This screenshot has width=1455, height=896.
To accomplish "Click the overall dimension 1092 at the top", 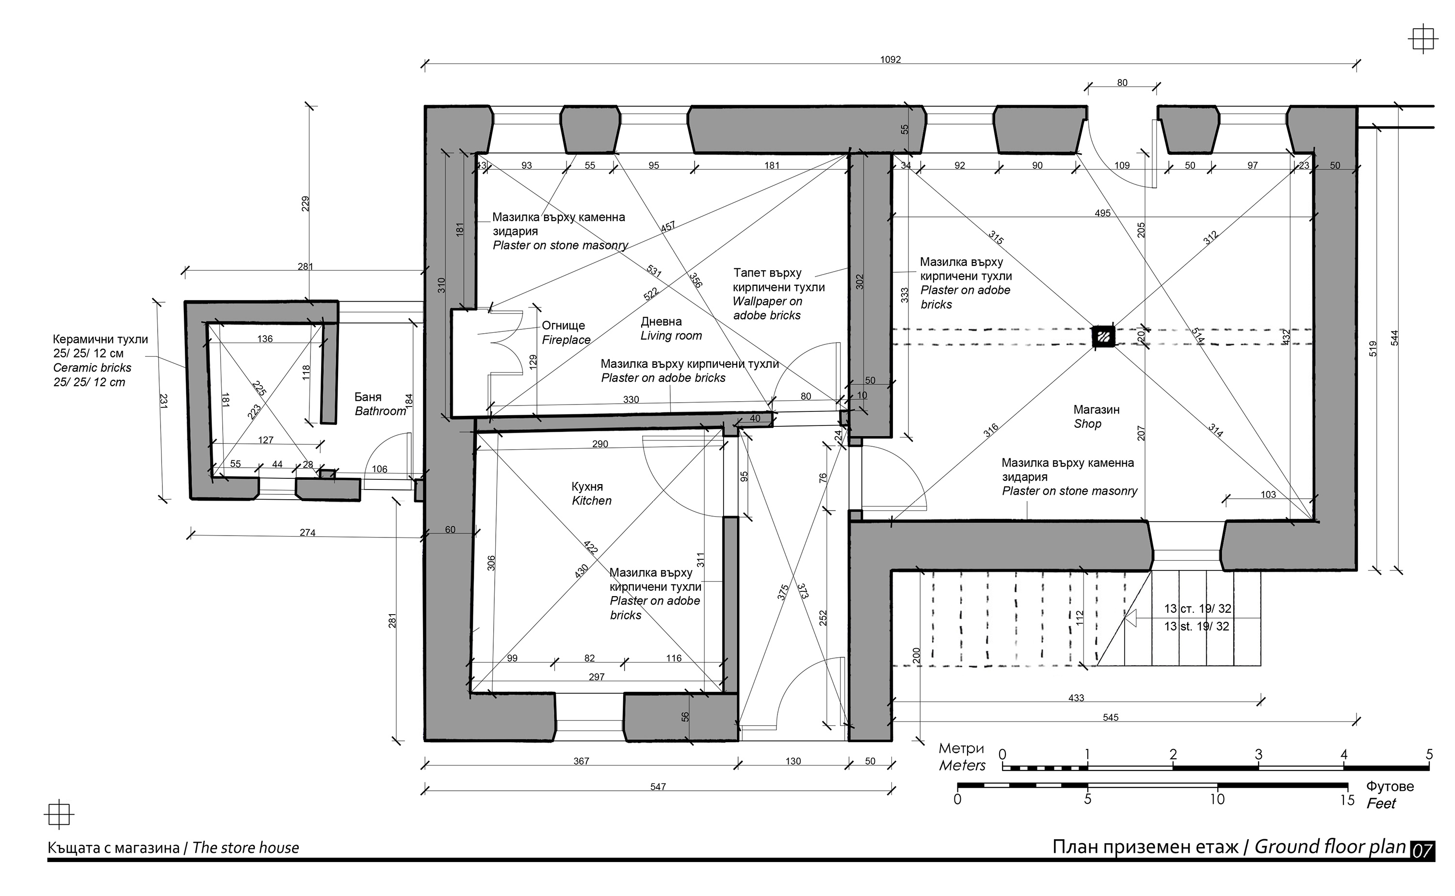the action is click(x=890, y=59).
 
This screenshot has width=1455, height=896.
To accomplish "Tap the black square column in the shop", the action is click(x=1104, y=337).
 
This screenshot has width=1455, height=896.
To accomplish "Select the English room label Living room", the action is click(x=671, y=336).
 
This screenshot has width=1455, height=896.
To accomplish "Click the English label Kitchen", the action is click(x=591, y=501).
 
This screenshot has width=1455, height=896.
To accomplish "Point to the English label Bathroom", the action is click(x=380, y=411).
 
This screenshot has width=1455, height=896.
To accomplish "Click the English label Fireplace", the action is click(x=566, y=340).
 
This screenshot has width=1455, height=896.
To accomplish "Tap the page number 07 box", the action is click(x=1423, y=850).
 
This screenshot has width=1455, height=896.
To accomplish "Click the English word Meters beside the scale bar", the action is click(x=962, y=766).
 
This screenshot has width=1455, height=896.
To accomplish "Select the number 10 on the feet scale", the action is click(x=1217, y=799).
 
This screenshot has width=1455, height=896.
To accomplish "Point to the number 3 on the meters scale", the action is click(x=1258, y=755).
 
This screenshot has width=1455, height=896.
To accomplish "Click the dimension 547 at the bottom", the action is click(x=658, y=787).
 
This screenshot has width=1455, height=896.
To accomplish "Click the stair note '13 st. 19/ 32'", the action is click(x=1196, y=626).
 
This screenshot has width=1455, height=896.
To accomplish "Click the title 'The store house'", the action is click(x=245, y=848).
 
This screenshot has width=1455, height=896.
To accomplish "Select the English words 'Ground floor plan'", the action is click(x=1330, y=847).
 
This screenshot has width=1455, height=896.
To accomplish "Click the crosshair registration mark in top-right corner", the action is click(x=1423, y=40).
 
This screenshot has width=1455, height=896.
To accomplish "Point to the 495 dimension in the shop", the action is click(x=1102, y=213).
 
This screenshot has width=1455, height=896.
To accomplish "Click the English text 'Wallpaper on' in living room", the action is click(x=767, y=302).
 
